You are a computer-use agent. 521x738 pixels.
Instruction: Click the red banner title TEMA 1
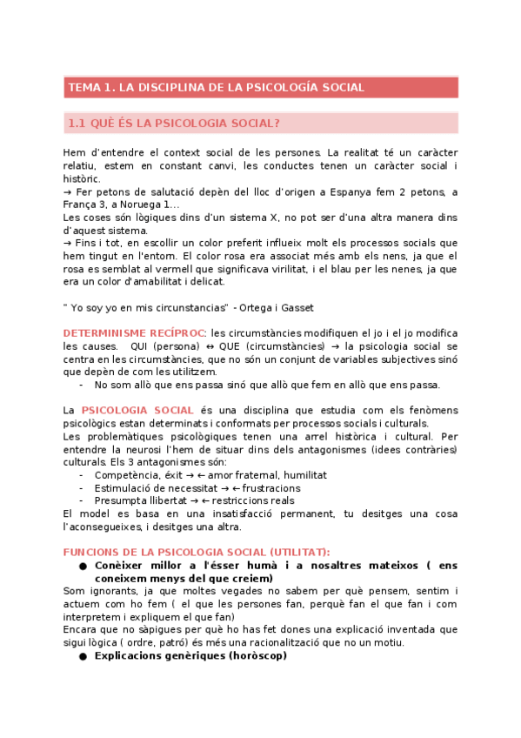[x=216, y=88]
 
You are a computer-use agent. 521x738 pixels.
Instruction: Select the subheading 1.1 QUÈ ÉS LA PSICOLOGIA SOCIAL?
[x=174, y=124]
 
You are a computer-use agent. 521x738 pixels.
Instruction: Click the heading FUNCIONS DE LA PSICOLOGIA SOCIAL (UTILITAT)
[x=197, y=552]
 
